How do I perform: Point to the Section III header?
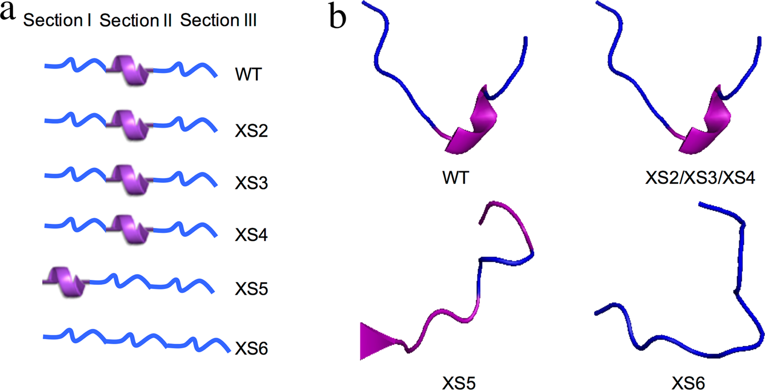tap(218, 22)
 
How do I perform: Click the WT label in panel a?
tap(247, 75)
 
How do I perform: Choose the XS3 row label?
tap(252, 184)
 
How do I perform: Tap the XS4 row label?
tap(252, 236)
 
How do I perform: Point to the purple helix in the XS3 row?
tap(129, 179)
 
